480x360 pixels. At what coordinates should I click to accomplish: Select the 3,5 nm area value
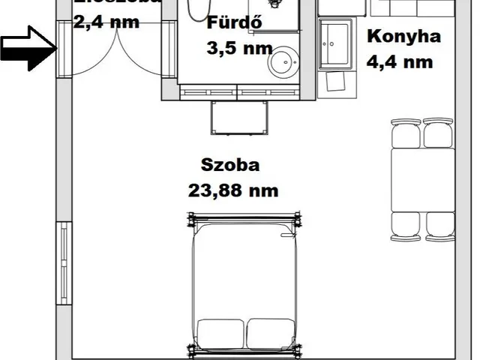click(238, 49)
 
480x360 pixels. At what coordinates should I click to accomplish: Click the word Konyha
click(403, 36)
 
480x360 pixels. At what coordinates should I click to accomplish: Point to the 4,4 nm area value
click(400, 61)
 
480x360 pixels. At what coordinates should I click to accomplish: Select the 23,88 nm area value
click(233, 190)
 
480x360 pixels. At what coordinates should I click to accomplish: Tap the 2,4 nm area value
click(106, 21)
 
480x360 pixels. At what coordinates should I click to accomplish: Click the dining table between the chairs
click(423, 180)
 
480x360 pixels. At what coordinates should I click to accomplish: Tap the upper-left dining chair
click(406, 133)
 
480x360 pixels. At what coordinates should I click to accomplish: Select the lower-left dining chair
click(406, 226)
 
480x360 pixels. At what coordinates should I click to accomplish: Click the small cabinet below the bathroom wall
click(240, 118)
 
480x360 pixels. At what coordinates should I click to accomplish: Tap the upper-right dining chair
click(438, 133)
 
